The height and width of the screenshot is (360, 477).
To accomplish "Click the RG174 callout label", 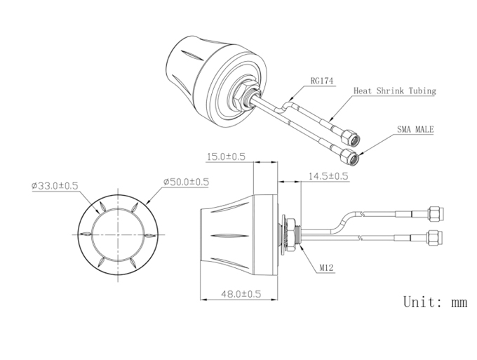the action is pos(321,81).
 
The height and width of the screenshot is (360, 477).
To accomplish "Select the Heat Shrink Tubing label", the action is pos(394,91).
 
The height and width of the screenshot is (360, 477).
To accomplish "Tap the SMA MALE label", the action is pos(415,129).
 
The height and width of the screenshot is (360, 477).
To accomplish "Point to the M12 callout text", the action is pos(326,267).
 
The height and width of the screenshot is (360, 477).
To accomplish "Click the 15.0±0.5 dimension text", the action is pos(226,156).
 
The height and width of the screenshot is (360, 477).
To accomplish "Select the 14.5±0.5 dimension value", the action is pos(328,176).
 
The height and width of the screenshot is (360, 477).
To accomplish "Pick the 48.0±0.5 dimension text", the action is pos(241,294).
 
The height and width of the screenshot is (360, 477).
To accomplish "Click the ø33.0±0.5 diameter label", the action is pos(55,185).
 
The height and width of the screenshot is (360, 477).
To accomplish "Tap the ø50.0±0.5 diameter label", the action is pos(186,182).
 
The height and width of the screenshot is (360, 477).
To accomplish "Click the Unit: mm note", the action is pos(435,302).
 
